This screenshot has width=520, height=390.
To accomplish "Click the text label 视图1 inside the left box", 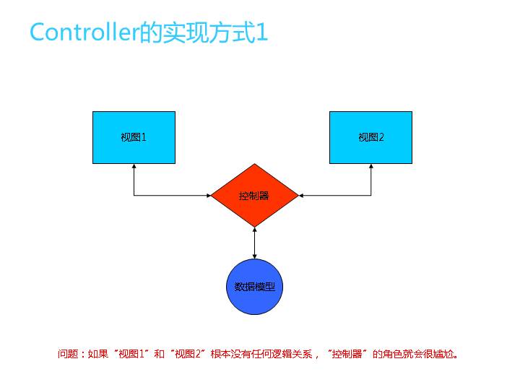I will tap(134, 137).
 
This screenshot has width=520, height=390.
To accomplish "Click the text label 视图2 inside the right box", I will tap(370, 137).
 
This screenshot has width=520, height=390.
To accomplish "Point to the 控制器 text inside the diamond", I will tap(254, 195).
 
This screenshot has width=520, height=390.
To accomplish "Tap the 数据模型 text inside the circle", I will tap(254, 287).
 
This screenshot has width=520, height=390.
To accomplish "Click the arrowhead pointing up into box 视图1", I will tap(134, 167).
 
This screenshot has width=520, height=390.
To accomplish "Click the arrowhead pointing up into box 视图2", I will tap(371, 167).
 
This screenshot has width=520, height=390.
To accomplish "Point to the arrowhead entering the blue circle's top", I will tap(254, 255).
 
